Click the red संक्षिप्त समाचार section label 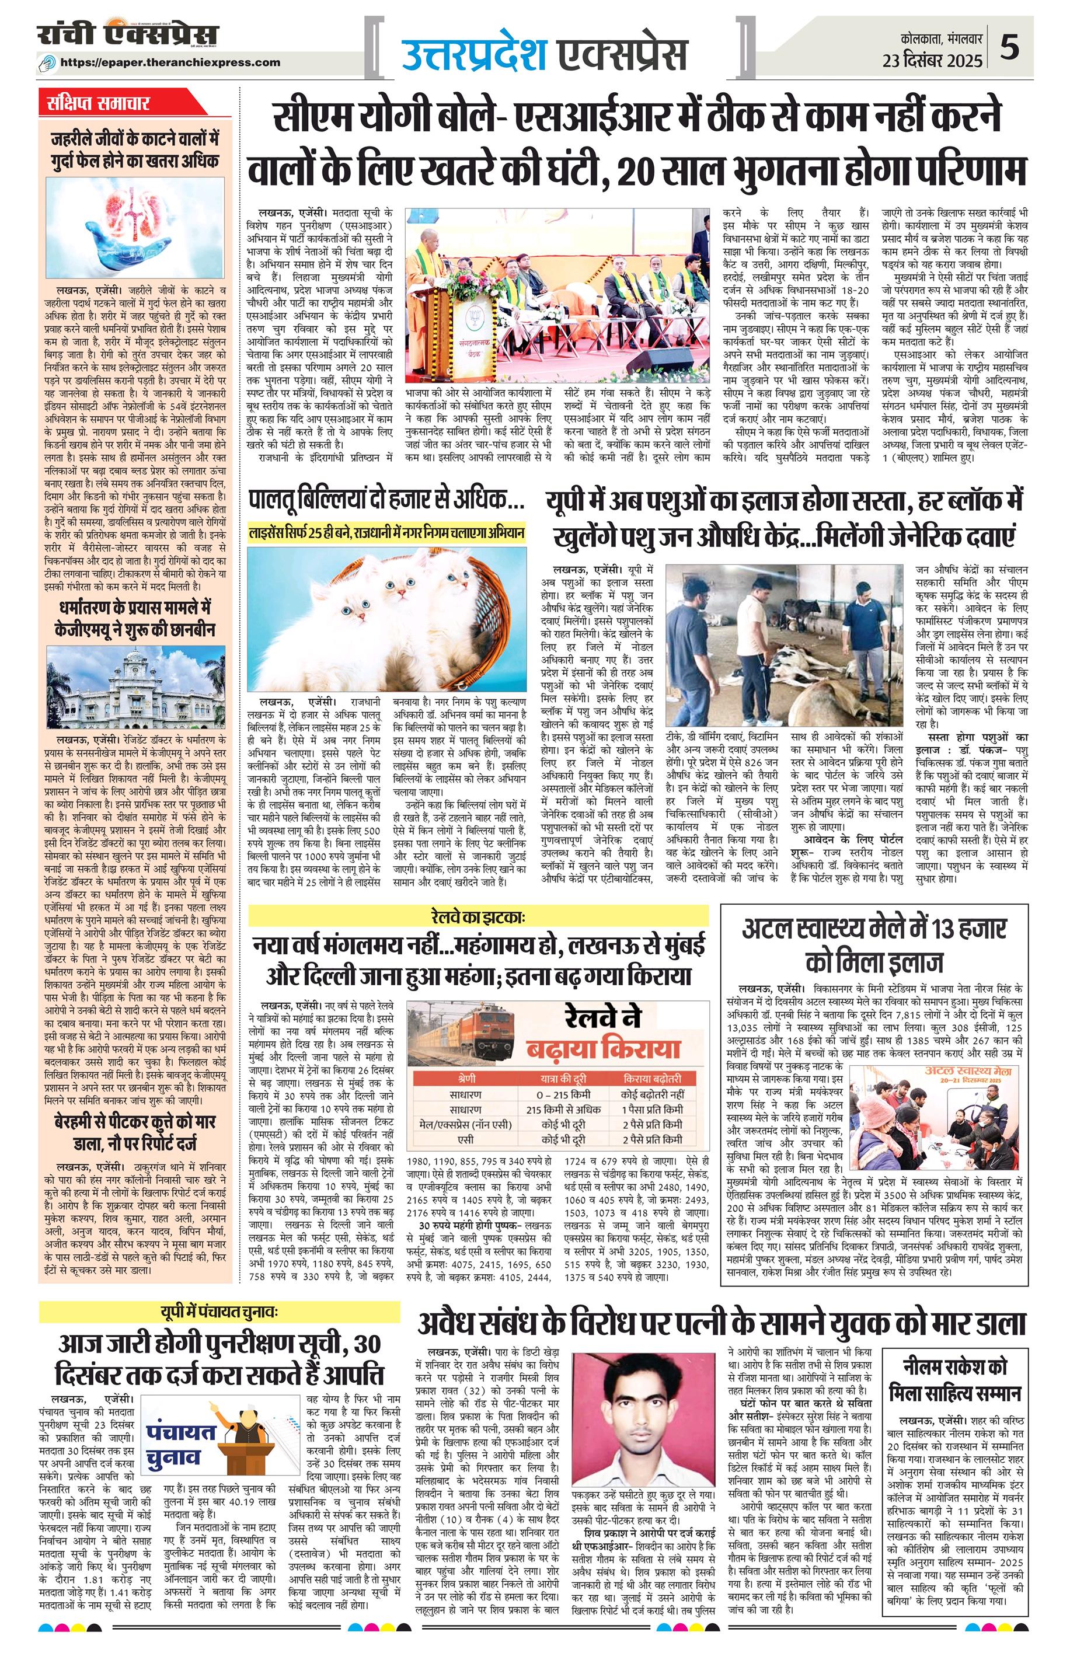tap(95, 103)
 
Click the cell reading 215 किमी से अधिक tap(563, 1109)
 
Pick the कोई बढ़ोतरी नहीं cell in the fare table tap(653, 1094)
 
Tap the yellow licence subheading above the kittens tap(386, 533)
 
